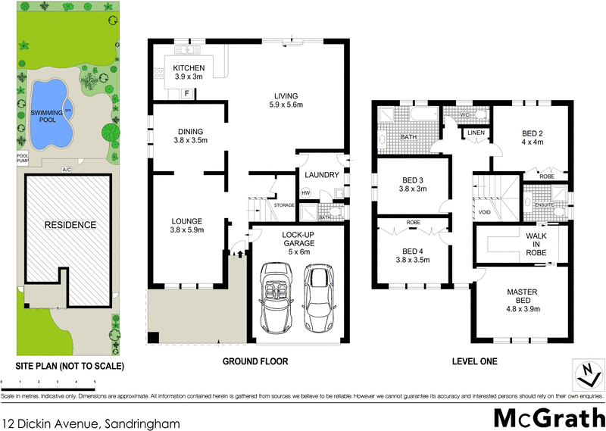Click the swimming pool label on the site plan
(46, 117)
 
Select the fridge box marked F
(186, 93)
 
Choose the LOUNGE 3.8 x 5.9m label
(186, 225)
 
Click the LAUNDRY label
(321, 175)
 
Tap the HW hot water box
(306, 193)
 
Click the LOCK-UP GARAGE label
(298, 239)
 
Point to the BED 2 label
(531, 138)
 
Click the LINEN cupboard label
(476, 133)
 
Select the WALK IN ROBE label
(536, 245)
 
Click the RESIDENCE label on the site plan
(69, 225)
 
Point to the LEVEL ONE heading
(476, 361)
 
